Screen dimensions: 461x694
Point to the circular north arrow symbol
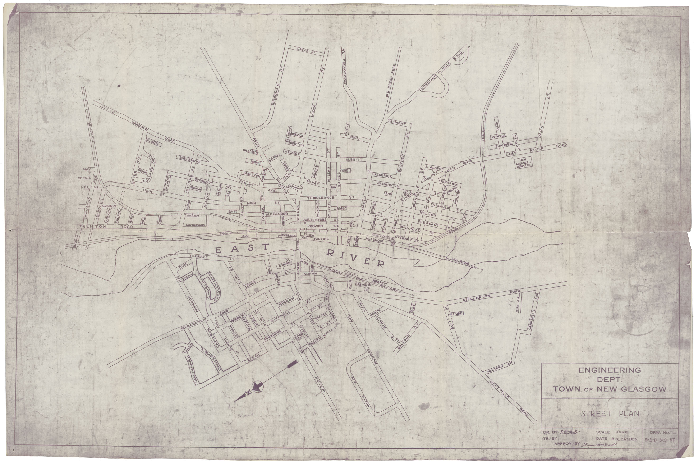(x=258, y=385)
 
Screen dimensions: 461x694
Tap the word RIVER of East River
(x=356, y=258)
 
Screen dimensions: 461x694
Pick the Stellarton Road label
(x=476, y=297)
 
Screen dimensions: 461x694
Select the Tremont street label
(x=397, y=123)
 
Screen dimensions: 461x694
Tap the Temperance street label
(x=321, y=198)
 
